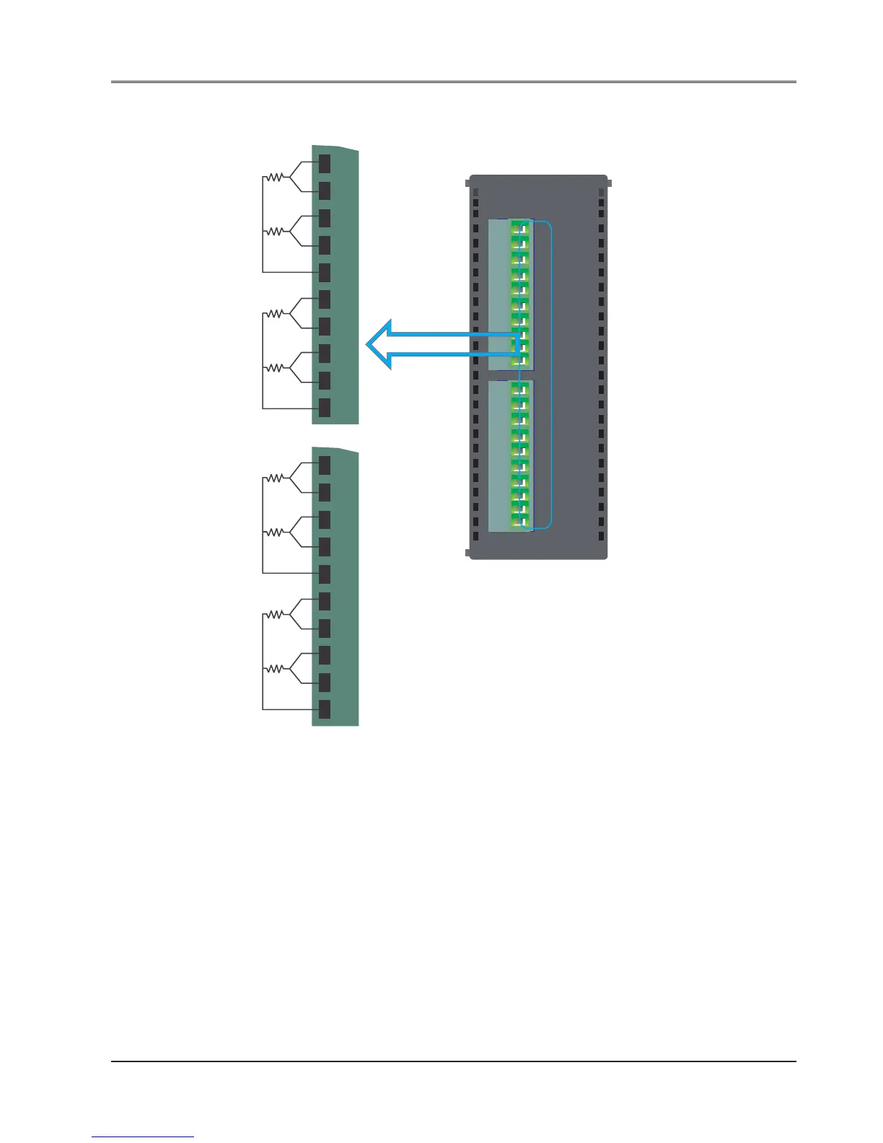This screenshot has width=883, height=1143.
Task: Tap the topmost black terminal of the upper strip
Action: (x=325, y=163)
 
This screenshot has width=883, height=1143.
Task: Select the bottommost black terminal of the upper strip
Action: (x=325, y=408)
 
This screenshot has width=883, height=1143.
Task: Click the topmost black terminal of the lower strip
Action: (x=325, y=465)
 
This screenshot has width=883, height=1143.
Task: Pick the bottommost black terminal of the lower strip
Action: (x=325, y=709)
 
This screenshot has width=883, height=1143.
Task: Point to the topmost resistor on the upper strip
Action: (x=275, y=176)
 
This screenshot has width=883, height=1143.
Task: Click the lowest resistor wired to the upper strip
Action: (x=275, y=368)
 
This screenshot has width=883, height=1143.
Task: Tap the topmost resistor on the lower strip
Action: (x=275, y=478)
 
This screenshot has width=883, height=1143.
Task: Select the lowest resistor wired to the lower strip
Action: (x=275, y=669)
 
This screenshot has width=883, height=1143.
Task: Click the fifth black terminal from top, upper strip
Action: (x=325, y=272)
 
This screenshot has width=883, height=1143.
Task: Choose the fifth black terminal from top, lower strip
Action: (x=325, y=574)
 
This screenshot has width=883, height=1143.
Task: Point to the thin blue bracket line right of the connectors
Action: (x=552, y=375)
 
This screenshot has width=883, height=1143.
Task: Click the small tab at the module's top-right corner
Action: (x=610, y=182)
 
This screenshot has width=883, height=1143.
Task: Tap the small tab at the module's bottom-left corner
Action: (x=467, y=553)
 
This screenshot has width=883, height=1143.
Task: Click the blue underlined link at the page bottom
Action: (x=143, y=1137)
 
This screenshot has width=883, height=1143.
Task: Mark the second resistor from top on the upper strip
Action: (x=275, y=231)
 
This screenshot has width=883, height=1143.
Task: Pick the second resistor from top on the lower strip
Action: (x=275, y=532)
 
